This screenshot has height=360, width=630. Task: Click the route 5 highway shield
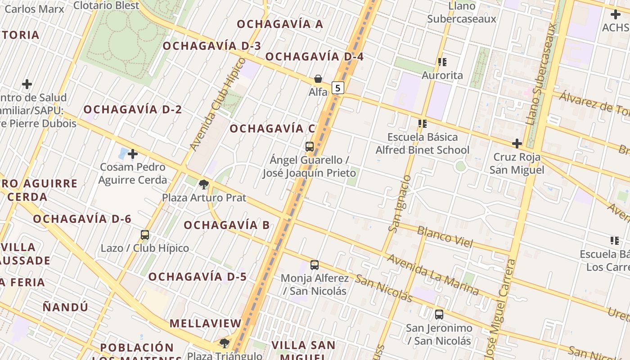click(338, 87)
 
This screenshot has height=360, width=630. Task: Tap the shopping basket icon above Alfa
click(318, 79)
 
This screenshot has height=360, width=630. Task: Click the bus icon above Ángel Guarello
click(310, 146)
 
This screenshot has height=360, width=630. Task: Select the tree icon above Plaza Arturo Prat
click(204, 184)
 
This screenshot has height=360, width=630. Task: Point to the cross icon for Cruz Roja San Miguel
click(517, 144)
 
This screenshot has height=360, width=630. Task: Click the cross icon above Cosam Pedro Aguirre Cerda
click(132, 154)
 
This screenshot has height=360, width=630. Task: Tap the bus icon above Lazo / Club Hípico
click(145, 234)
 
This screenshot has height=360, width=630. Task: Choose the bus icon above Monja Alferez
click(315, 265)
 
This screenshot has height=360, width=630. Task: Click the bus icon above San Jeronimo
click(439, 315)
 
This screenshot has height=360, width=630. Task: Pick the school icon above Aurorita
click(442, 62)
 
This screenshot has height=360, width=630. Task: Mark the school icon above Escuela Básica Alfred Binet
click(422, 123)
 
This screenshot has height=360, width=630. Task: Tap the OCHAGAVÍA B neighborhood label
click(226, 225)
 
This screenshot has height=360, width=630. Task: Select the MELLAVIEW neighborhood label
click(206, 323)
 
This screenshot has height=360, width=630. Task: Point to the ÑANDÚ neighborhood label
click(66, 307)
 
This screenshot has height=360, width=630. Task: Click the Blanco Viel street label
click(445, 237)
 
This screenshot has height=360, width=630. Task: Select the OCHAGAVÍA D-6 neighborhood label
click(82, 219)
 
